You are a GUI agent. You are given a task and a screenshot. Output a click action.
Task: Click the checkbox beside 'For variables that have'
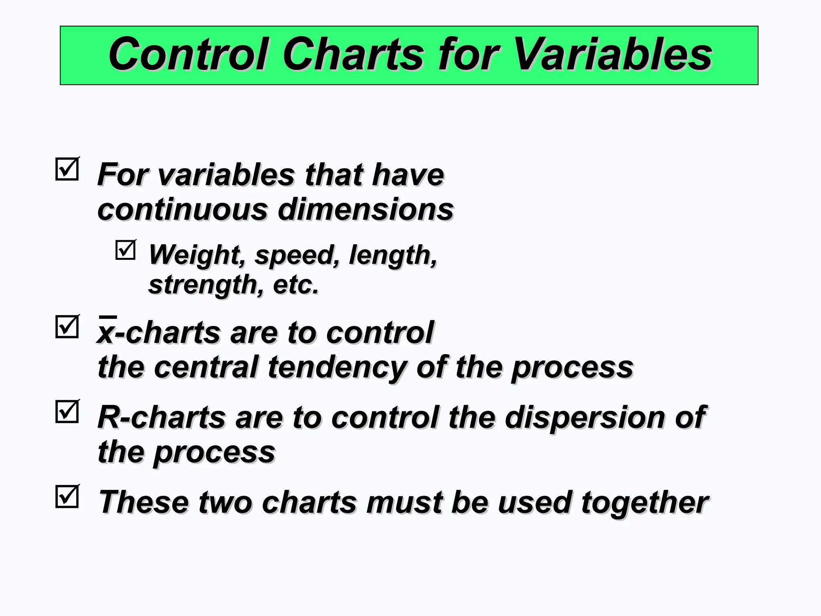click(67, 169)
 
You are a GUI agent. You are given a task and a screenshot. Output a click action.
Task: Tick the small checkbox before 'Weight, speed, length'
click(125, 250)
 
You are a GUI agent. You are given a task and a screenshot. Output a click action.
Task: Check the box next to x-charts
click(67, 327)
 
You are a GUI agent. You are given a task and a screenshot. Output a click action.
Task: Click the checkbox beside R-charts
click(67, 412)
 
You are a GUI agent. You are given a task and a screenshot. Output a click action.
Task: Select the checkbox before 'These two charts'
click(67, 497)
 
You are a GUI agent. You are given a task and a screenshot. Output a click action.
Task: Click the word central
click(206, 367)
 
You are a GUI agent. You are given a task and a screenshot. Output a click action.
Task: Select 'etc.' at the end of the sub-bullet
click(296, 285)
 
